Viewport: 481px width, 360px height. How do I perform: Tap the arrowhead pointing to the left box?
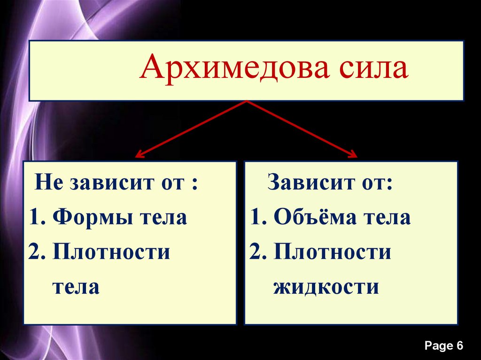click(x=139, y=154)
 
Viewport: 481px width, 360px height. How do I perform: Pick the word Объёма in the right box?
click(x=308, y=218)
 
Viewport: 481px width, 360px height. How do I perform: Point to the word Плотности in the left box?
click(x=111, y=253)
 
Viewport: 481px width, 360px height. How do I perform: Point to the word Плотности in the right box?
click(x=332, y=253)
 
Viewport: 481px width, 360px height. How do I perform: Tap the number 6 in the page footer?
click(x=459, y=346)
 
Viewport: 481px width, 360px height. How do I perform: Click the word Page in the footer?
click(x=438, y=346)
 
